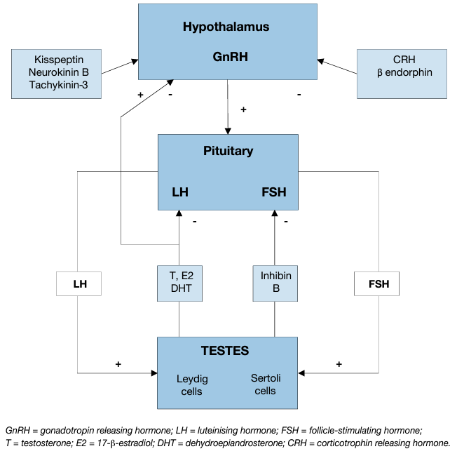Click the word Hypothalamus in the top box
coord(226,27)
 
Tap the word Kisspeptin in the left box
coord(58,60)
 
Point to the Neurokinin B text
coord(58,73)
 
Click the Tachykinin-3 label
coord(58,85)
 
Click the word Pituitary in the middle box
coord(228,151)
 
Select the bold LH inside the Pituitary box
coord(180,192)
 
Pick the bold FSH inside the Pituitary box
coord(273,192)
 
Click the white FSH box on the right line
coord(378,285)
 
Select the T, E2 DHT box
coord(179,283)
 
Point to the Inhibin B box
coord(274,283)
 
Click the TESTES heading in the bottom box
coord(225,350)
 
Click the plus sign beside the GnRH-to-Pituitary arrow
coord(243,109)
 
